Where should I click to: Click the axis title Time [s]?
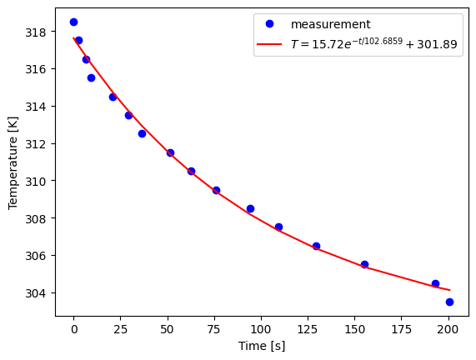(x=262, y=346)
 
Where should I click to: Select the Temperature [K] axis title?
(x=13, y=163)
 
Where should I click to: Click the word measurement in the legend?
(x=330, y=25)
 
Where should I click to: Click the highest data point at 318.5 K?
(x=73, y=22)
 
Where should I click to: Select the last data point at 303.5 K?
(x=449, y=302)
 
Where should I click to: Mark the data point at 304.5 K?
(x=435, y=283)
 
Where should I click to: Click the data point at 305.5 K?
(x=364, y=264)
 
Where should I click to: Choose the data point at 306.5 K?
(x=316, y=246)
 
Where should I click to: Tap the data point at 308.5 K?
(x=250, y=208)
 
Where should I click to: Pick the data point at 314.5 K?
(x=113, y=97)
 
